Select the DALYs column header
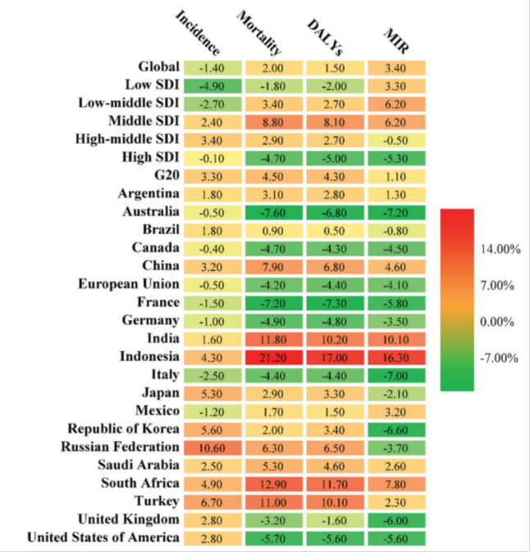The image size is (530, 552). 325,34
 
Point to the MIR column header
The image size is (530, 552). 398,42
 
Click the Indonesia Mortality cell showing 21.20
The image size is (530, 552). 273,356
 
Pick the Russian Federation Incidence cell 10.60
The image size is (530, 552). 212,447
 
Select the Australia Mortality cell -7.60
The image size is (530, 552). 273,212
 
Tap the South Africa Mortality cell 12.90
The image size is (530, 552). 273,483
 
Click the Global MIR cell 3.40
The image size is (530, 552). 397,67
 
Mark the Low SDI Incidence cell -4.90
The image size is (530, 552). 212,85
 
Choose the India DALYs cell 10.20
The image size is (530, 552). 336,338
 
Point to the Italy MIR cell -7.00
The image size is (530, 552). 397,375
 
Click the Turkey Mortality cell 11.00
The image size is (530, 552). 273,501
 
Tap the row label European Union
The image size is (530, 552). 129,284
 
